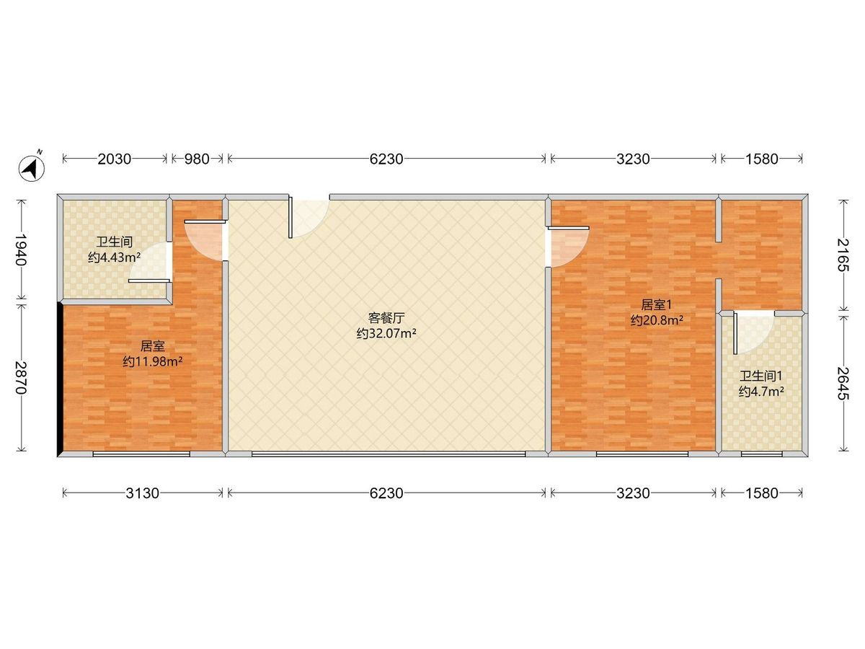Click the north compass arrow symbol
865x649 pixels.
click(32, 167)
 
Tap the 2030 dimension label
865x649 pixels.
click(115, 159)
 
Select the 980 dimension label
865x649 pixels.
click(197, 159)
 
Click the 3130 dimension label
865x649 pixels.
click(142, 493)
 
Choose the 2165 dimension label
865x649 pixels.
click(843, 255)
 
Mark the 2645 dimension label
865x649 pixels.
click(843, 384)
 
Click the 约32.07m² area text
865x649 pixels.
click(386, 333)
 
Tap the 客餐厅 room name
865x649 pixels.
click(386, 317)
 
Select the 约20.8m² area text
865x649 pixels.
click(657, 320)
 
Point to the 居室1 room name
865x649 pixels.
click(656, 304)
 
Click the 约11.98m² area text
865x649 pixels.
click(152, 361)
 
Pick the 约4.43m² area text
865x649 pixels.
click(115, 257)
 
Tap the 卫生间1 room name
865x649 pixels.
click(760, 376)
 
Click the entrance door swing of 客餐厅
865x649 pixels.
click(309, 218)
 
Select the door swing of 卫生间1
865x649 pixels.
click(753, 332)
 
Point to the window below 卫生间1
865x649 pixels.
click(761, 454)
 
